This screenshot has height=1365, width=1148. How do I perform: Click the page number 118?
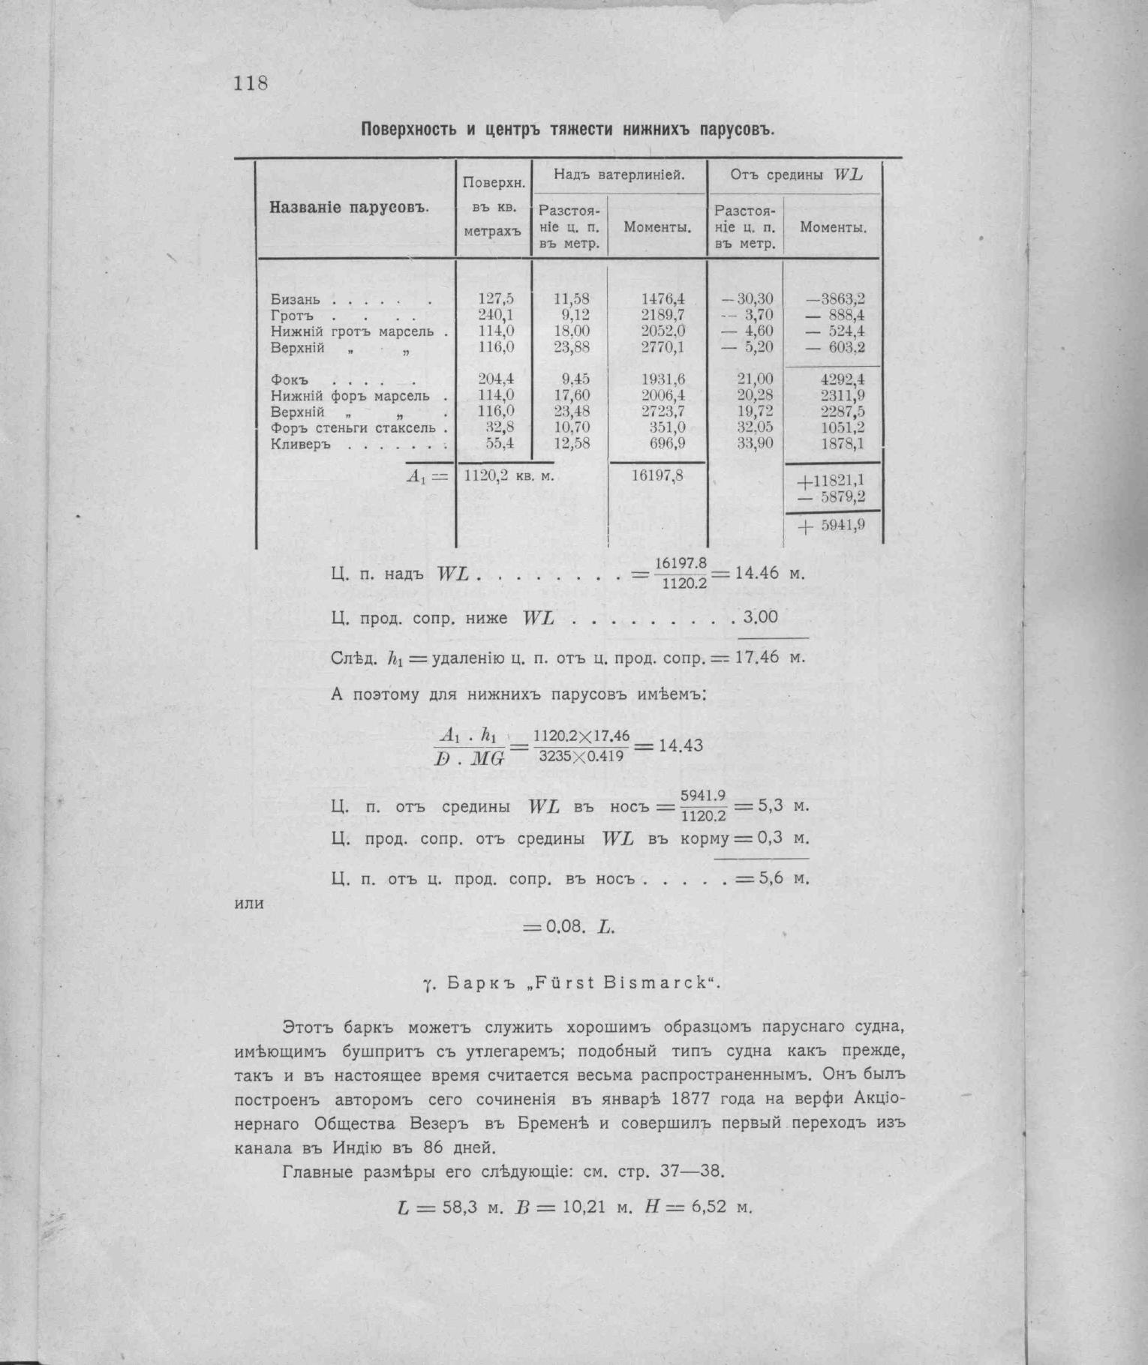tap(251, 82)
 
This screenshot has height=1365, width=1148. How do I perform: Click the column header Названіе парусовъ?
tap(348, 207)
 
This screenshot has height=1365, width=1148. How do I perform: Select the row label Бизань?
tap(296, 299)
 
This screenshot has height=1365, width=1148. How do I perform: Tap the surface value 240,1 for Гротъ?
tap(496, 315)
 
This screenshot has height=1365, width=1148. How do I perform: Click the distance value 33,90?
tap(755, 444)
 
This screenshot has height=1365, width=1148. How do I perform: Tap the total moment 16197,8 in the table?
tap(657, 475)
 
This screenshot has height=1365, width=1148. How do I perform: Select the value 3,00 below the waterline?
tap(760, 617)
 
